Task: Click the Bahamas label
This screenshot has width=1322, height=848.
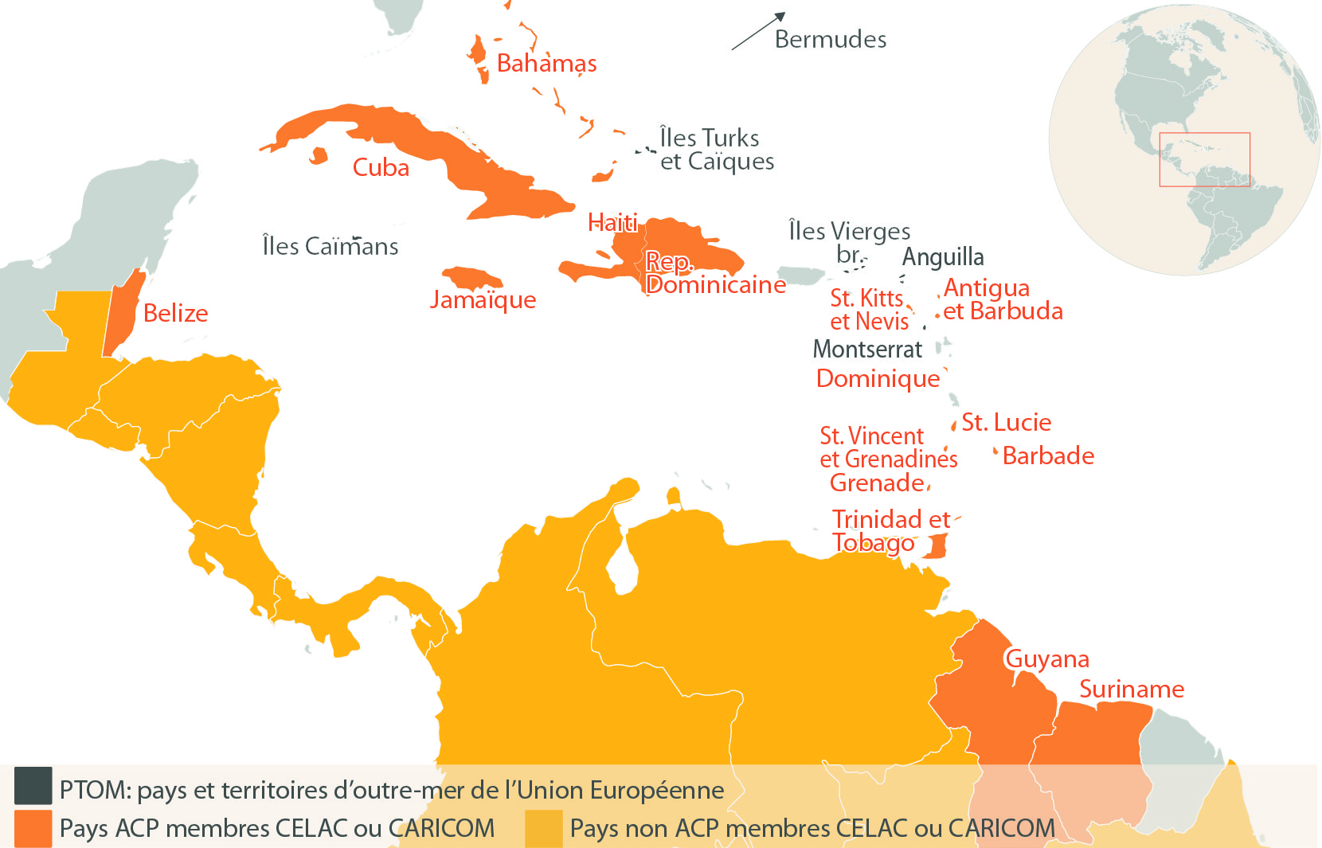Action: (546, 63)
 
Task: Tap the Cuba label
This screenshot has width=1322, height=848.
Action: (381, 167)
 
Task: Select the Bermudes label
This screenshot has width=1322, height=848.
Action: (830, 39)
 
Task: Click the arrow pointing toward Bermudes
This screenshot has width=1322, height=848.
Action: (758, 31)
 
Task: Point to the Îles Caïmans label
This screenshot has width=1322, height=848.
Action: (330, 246)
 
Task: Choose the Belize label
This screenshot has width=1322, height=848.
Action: (175, 313)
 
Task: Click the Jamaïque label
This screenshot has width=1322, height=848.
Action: (483, 300)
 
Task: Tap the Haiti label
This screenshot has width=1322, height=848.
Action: (612, 222)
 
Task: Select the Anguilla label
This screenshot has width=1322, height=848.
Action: (943, 257)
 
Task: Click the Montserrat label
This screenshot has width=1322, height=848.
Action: (867, 349)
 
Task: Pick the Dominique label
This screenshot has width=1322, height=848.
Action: (878, 378)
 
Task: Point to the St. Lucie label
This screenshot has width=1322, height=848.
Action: (1006, 422)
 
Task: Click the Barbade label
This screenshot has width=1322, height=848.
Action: (1048, 455)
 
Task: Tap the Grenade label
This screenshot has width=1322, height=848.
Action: (877, 483)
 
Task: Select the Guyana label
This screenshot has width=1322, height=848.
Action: (1046, 658)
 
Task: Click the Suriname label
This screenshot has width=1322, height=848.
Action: (1131, 689)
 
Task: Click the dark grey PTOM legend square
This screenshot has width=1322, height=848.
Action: (33, 786)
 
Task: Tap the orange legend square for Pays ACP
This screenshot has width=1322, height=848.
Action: (33, 828)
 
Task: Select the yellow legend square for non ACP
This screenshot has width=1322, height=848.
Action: (543, 828)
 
